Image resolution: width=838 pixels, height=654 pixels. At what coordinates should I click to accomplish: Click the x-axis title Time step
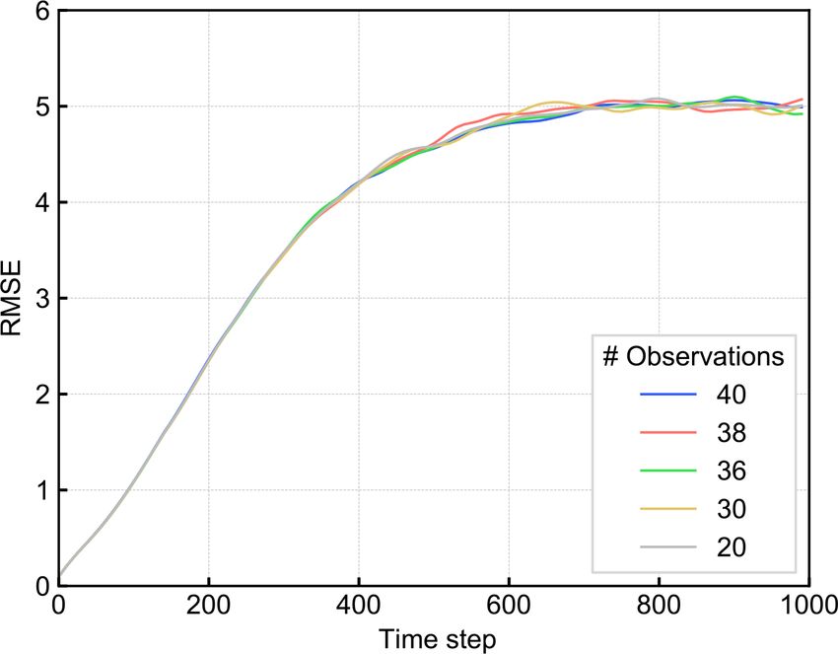click(434, 638)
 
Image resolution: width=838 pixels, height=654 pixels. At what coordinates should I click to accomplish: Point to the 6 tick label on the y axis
click(39, 11)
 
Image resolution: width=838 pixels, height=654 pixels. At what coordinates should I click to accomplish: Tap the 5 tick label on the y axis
click(39, 107)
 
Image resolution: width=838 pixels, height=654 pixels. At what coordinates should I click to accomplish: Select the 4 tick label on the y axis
click(39, 202)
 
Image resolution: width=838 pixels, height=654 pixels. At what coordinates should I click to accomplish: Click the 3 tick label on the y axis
click(39, 298)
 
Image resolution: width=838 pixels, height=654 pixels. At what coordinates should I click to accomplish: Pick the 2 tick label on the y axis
click(39, 394)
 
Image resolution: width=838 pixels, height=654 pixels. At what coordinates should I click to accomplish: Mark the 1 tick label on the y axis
click(39, 490)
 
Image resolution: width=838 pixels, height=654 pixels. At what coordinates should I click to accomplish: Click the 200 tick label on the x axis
click(208, 605)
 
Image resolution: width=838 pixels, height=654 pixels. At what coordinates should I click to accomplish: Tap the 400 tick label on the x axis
click(358, 605)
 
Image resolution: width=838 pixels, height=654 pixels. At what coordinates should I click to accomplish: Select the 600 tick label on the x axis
click(509, 605)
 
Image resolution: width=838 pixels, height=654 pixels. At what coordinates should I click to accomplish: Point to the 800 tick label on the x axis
click(659, 605)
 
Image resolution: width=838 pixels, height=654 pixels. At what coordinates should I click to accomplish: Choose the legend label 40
click(733, 396)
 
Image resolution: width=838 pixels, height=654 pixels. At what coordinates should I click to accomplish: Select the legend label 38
click(733, 433)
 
